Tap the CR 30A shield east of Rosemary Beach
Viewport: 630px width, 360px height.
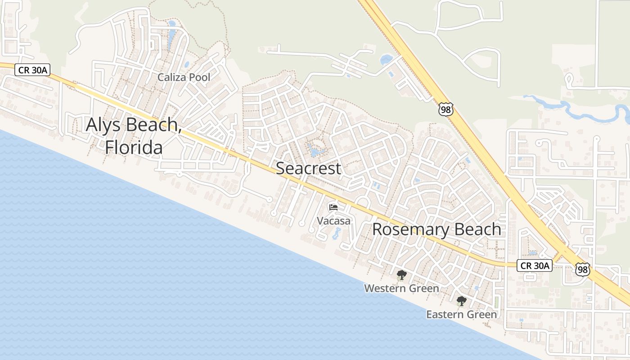[x=534, y=265]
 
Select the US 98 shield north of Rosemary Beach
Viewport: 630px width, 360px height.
[x=446, y=109]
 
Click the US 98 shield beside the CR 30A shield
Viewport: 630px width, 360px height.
[x=582, y=269]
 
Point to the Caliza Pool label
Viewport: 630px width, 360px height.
[x=184, y=77]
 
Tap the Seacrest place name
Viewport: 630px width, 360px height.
[x=308, y=168]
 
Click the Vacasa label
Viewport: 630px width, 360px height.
[x=333, y=221]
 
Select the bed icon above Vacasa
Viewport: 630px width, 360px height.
[x=333, y=207]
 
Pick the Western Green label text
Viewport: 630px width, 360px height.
[x=401, y=288]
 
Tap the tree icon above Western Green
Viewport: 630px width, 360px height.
[x=401, y=275]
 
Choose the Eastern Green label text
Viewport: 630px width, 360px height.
[x=461, y=315]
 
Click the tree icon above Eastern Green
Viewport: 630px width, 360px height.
[x=461, y=301]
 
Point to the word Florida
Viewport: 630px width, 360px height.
[x=134, y=147]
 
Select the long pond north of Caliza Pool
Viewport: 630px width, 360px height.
[x=171, y=36]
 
